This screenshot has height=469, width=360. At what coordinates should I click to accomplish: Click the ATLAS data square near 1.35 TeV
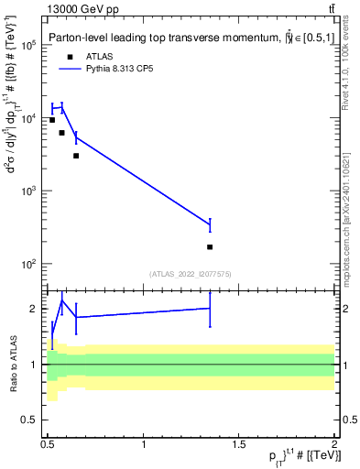(210, 246)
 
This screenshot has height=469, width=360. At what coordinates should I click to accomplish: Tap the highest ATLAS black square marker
(52, 120)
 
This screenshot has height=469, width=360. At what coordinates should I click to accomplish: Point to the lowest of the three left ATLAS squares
(76, 156)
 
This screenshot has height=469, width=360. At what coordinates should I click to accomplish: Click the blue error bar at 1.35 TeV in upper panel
(210, 224)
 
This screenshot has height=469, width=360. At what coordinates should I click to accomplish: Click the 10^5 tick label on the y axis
(28, 45)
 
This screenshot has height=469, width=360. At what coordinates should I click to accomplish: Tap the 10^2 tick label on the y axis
(28, 264)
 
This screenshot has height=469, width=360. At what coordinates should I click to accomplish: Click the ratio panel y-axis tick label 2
(34, 309)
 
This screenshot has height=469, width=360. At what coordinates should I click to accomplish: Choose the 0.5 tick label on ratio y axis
(28, 420)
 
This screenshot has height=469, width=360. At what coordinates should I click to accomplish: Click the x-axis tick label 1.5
(239, 445)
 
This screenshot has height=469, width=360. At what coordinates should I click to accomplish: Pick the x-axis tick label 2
(334, 445)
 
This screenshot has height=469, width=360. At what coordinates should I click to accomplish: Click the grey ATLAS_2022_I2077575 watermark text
(191, 273)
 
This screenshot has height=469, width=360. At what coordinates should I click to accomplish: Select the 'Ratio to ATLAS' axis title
(12, 365)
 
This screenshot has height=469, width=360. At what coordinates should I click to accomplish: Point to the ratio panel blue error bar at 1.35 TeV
(210, 310)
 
